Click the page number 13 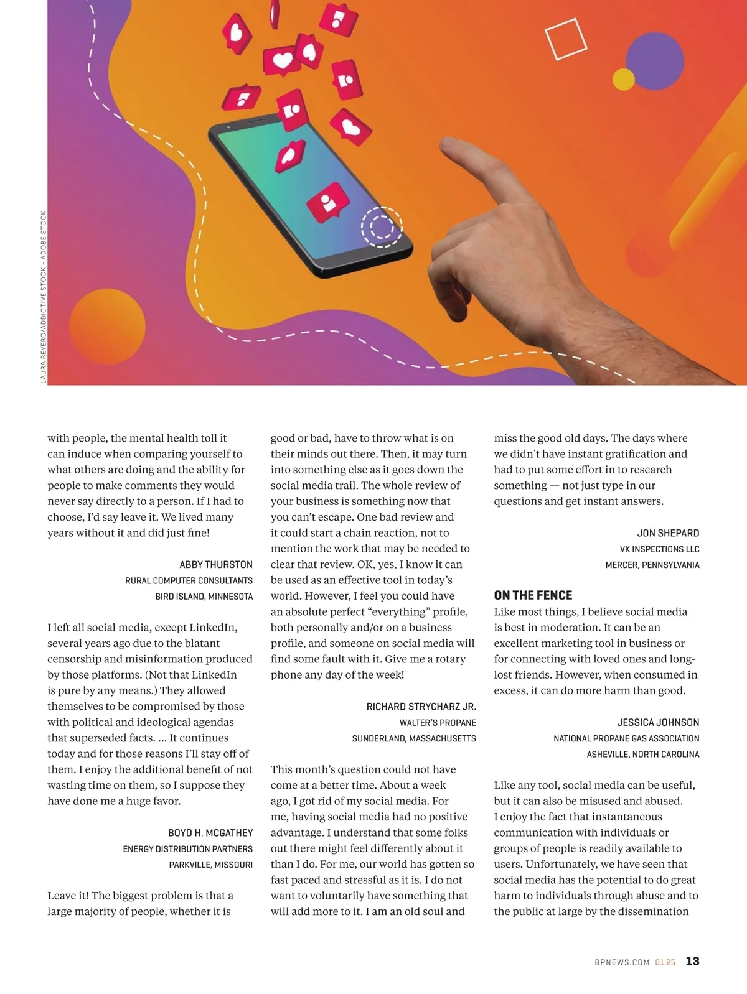(x=692, y=961)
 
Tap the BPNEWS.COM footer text (x=621, y=962)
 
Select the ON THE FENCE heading (x=533, y=595)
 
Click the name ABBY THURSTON (x=216, y=565)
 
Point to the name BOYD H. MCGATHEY (x=210, y=833)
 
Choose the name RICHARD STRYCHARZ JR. (x=421, y=707)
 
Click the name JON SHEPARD (x=668, y=533)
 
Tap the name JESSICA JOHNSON (x=658, y=722)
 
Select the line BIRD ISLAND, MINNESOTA (x=204, y=597)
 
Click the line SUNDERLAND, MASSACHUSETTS (x=414, y=738)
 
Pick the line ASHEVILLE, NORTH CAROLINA (x=643, y=754)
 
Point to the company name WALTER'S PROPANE (x=438, y=723)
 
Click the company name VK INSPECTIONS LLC (x=659, y=549)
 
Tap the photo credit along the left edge (x=44, y=297)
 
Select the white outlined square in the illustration (x=566, y=39)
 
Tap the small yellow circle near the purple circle (x=623, y=79)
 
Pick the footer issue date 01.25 (x=665, y=962)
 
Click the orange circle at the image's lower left (x=107, y=327)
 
